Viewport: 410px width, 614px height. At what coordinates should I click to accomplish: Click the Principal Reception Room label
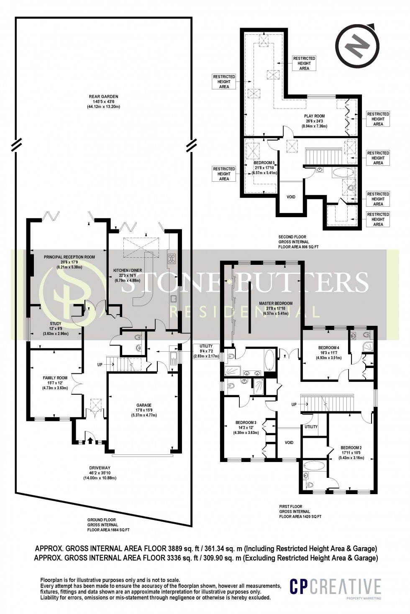(69, 262)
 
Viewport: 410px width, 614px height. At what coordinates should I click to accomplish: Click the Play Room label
(315, 121)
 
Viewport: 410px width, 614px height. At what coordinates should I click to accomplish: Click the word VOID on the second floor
(291, 197)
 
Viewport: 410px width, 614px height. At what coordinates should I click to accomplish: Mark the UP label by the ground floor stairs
(100, 365)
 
